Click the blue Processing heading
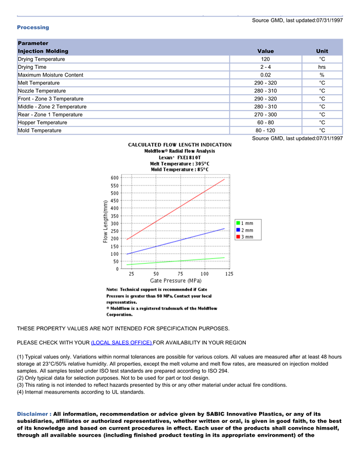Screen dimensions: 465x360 click(33, 27)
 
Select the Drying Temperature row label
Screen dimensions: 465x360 click(41, 59)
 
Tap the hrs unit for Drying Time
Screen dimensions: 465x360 click(322, 67)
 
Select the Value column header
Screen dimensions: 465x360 click(265, 51)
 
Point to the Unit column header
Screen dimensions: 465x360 click(322, 51)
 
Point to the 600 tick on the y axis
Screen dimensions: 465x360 click(114, 178)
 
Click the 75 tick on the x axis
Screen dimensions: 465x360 click(181, 274)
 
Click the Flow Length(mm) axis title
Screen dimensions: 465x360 click(105, 221)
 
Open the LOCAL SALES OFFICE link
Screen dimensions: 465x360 click(121, 343)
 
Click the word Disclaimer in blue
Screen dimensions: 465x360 click(34, 414)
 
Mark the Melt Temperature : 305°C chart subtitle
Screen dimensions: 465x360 click(179, 163)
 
